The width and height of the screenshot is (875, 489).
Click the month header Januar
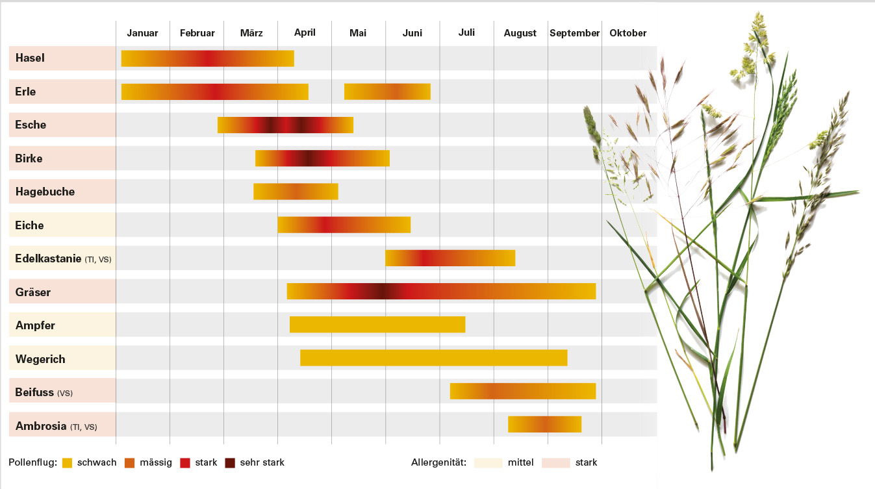(x=142, y=33)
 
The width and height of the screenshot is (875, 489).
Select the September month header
(x=574, y=33)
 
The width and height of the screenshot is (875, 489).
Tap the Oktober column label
(x=628, y=33)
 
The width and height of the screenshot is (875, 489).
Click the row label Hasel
(x=31, y=58)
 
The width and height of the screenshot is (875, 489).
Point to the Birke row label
(x=29, y=158)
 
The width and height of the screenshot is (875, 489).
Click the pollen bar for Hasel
(x=207, y=58)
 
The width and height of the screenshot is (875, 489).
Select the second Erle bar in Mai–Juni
(x=387, y=92)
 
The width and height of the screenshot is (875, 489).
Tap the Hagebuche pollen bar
(x=296, y=192)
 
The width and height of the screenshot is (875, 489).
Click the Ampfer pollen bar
(x=377, y=324)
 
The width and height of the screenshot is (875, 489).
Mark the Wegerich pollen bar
(x=433, y=358)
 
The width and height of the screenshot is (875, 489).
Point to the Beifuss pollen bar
(x=522, y=391)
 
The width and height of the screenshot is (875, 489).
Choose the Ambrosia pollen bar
(x=544, y=424)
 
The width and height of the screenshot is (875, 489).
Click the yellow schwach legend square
(x=67, y=463)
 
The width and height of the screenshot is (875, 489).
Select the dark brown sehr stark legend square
(x=230, y=463)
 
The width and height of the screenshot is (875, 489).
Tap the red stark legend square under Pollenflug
(x=185, y=463)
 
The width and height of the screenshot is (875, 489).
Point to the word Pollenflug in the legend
(x=32, y=462)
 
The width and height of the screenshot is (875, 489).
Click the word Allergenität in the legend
(x=438, y=462)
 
